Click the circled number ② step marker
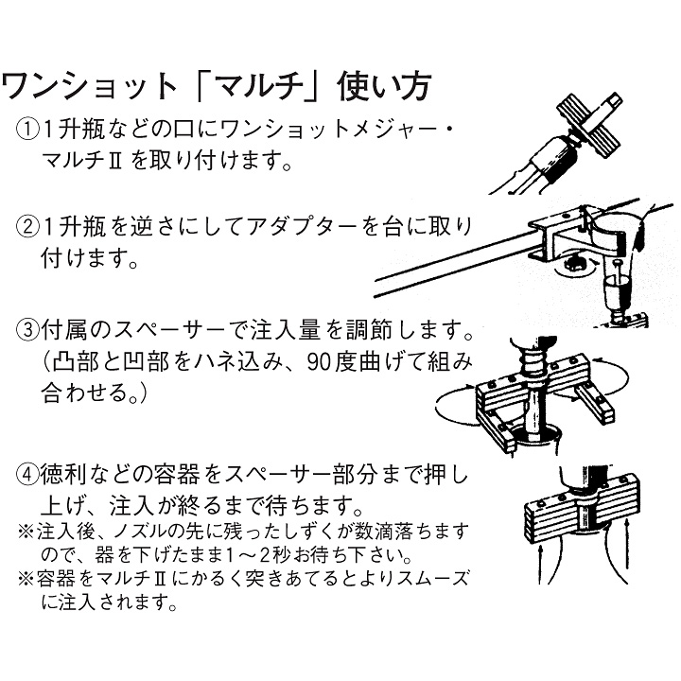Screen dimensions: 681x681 pyautogui.click(x=26, y=228)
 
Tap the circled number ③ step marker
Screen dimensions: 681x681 pyautogui.click(x=26, y=330)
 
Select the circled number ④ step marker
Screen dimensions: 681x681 pyautogui.click(x=26, y=476)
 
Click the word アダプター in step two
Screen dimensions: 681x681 pyautogui.click(x=304, y=228)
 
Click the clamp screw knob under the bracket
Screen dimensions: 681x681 pyautogui.click(x=575, y=263)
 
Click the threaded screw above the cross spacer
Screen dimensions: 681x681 pyautogui.click(x=532, y=360)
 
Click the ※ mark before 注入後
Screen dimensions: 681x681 pyautogui.click(x=26, y=532)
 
